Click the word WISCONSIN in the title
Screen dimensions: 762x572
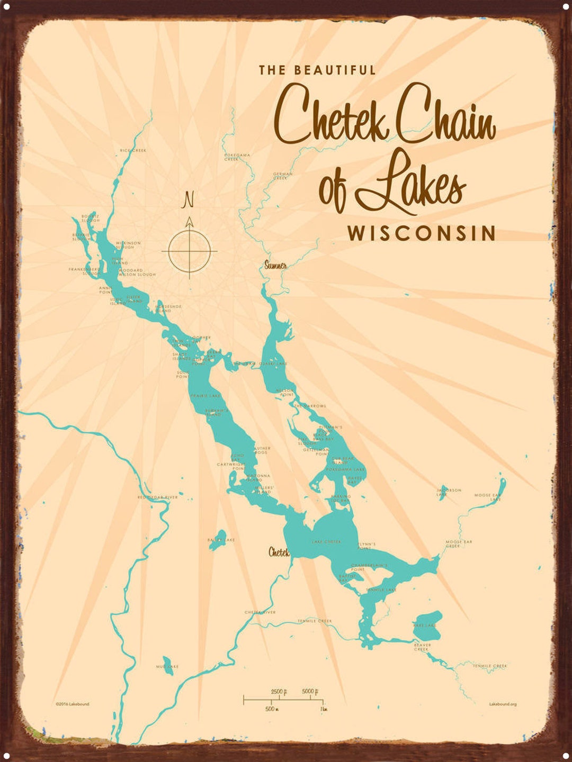[422, 233]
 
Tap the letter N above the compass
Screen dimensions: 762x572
[189, 200]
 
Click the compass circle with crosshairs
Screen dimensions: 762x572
[189, 251]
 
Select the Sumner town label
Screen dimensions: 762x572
[275, 265]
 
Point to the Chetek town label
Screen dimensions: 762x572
[279, 552]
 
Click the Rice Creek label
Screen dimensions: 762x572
[133, 150]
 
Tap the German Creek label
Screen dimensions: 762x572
[283, 176]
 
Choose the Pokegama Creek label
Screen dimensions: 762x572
[237, 157]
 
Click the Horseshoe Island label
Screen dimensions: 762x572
[168, 308]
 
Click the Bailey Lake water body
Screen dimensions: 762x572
[218, 540]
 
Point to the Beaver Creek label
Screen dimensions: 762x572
[422, 647]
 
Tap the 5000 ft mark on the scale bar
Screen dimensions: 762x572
[309, 692]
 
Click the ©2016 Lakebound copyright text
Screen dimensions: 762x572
[73, 704]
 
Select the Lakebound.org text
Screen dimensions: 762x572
[503, 704]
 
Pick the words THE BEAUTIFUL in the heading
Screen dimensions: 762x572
[317, 70]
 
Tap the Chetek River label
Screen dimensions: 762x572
[260, 612]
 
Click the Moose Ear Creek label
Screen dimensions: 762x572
[459, 543]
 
